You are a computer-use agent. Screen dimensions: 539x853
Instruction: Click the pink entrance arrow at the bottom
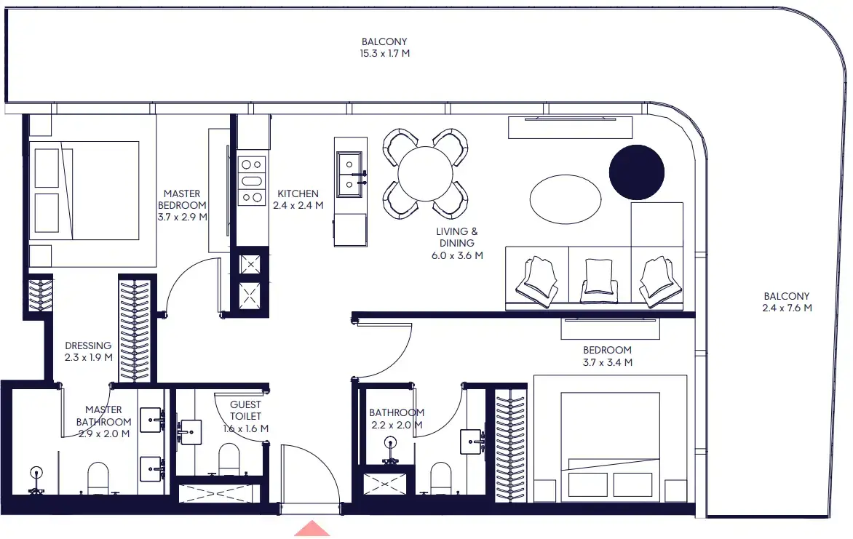pos(312,529)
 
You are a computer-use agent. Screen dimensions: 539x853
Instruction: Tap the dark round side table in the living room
pos(636,172)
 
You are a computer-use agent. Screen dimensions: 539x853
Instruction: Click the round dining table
pos(426,174)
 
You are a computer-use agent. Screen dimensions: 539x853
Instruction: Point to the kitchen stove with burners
pos(253,181)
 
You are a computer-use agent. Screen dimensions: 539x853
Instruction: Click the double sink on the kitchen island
pos(349,175)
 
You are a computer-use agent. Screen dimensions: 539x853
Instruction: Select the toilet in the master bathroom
pos(98,479)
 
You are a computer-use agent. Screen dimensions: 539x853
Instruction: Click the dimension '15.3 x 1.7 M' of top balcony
pos(385,54)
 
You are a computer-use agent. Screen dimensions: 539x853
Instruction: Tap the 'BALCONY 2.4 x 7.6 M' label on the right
pos(786,302)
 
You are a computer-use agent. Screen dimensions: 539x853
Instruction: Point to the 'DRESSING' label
pos(88,346)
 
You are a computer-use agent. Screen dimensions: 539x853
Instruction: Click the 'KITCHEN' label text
pos(298,193)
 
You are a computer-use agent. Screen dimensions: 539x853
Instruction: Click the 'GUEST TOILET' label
pos(245,410)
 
